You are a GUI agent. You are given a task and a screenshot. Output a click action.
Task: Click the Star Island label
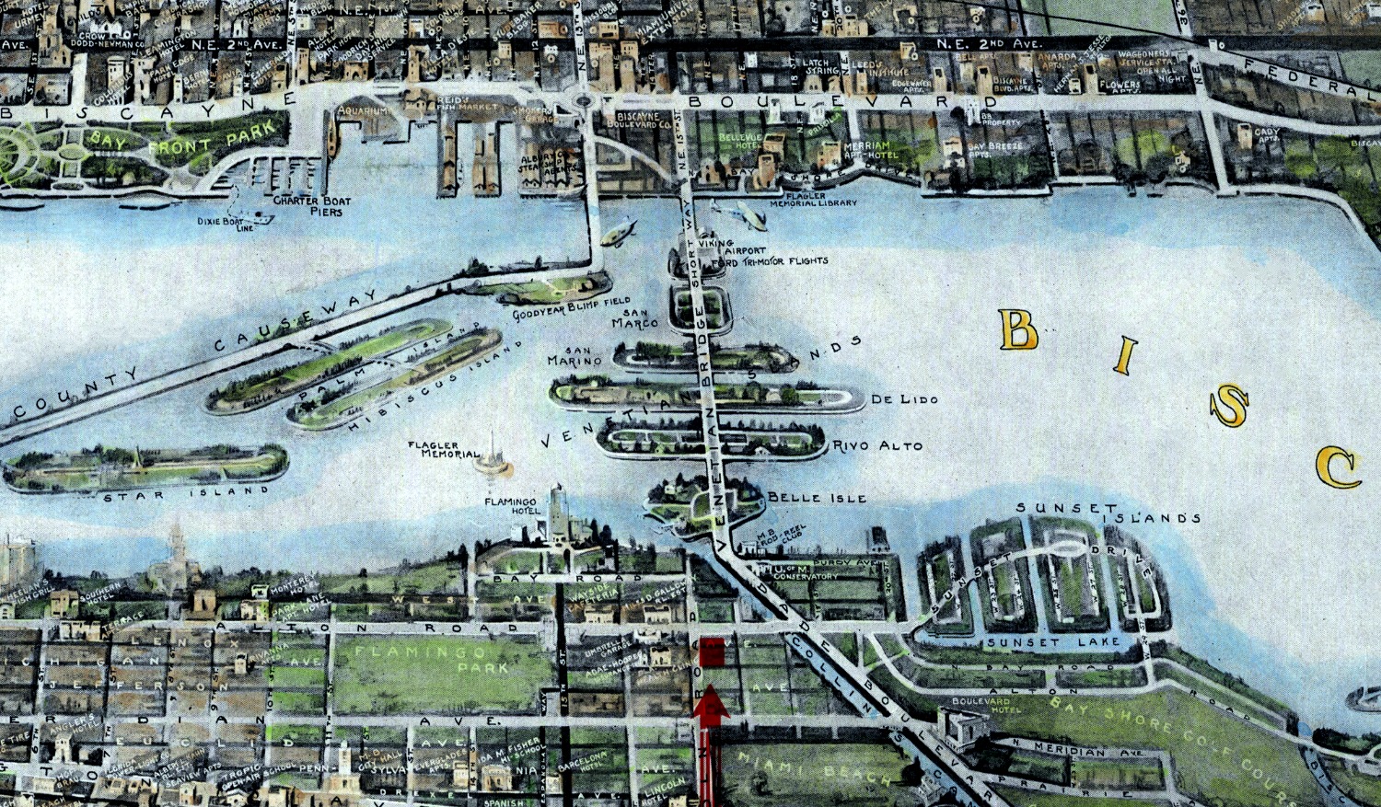pyautogui.click(x=187, y=495)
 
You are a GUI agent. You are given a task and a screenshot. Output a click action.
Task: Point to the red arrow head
pyautogui.click(x=711, y=708)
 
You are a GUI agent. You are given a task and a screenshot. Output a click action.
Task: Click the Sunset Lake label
pyautogui.click(x=1052, y=641)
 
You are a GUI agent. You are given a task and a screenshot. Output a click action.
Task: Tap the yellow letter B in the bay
pyautogui.click(x=1018, y=329)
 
